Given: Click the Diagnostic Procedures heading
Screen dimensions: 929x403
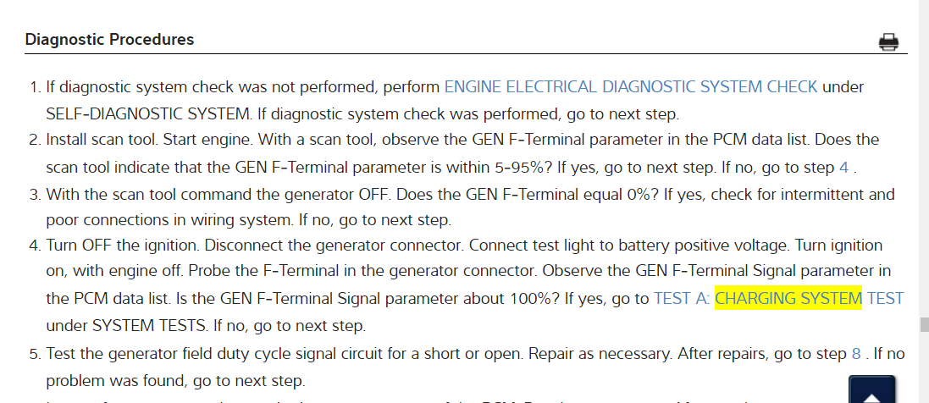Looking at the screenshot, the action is tap(109, 40).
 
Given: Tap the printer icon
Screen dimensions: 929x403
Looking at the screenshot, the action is tap(888, 41).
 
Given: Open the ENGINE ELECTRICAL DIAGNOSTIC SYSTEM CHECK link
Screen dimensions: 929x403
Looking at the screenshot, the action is tap(631, 86).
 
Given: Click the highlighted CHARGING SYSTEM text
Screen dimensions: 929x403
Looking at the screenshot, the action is tap(788, 298).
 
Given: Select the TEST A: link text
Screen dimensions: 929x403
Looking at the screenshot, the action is tap(682, 298).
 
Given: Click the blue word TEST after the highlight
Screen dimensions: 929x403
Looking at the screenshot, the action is tap(885, 298).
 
